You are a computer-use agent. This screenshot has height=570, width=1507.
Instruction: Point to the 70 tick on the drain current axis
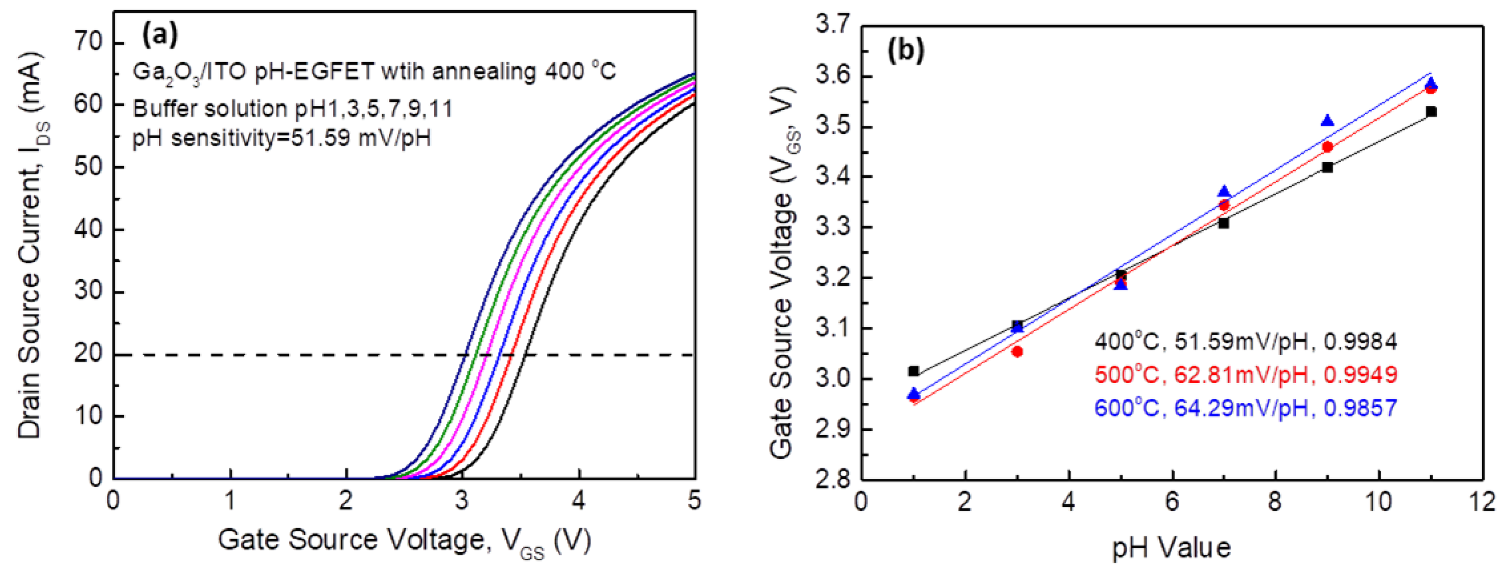click(88, 43)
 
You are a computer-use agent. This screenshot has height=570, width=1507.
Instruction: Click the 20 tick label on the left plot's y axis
click(88, 355)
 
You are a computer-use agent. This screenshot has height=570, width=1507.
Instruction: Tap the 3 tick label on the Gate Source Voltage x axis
click(463, 502)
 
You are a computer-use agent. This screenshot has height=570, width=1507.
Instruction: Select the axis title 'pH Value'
click(1171, 548)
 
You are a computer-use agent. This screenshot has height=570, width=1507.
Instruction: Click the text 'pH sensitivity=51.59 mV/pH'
click(281, 139)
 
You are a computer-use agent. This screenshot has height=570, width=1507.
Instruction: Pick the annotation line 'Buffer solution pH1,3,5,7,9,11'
click(293, 109)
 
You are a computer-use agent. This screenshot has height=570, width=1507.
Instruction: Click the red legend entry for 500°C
click(1246, 374)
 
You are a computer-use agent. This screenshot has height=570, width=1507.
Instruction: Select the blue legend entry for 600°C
click(1246, 408)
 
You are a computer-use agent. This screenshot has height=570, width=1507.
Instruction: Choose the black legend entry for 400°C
click(1246, 341)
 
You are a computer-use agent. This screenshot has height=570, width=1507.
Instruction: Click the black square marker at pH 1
click(914, 371)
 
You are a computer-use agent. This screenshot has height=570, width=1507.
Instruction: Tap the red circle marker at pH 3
click(1017, 351)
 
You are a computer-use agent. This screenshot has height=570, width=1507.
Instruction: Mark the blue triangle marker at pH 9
click(1327, 121)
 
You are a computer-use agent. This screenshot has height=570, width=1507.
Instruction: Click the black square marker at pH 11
click(1431, 111)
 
